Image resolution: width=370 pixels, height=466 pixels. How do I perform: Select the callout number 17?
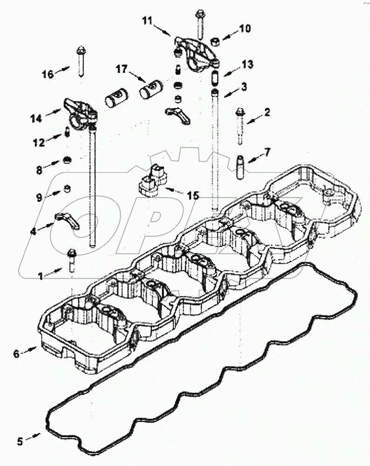122,69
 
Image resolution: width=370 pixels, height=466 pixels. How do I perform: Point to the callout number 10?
245,29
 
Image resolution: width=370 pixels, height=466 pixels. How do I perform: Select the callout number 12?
39,143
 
